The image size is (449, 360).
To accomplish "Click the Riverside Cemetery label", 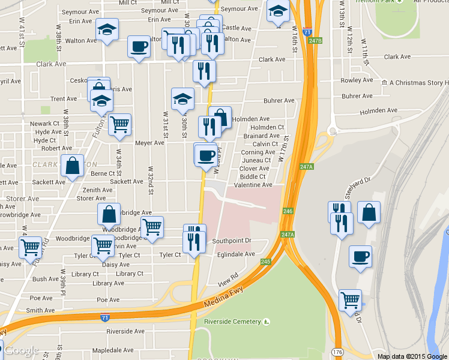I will click(x=233, y=322).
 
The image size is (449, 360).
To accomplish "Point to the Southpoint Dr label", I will click(x=231, y=241).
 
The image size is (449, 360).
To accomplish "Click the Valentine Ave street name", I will click(x=253, y=185).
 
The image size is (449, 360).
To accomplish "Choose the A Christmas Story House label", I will click(x=419, y=83).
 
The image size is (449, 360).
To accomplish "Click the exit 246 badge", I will click(x=288, y=211).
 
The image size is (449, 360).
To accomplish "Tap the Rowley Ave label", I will click(x=357, y=80).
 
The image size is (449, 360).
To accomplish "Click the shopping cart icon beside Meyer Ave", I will click(x=120, y=124).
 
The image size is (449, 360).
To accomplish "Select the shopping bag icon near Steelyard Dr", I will click(x=369, y=212).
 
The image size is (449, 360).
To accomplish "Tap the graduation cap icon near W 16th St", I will click(x=278, y=11).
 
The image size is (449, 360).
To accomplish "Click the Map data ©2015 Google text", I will click(x=412, y=356).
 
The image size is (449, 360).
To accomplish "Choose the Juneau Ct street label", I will click(x=256, y=160).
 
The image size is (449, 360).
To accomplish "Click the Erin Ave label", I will click(x=80, y=21).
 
